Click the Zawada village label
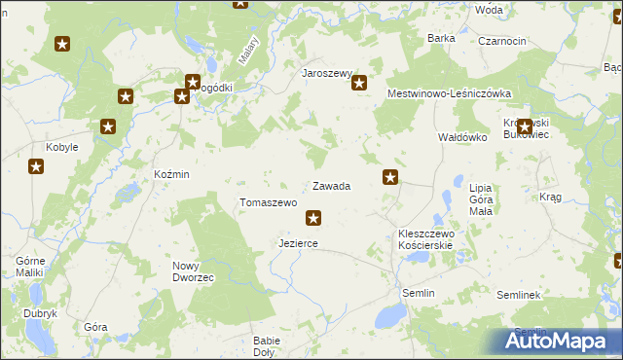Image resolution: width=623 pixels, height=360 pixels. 331,186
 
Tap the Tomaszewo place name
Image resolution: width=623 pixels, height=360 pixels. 268,202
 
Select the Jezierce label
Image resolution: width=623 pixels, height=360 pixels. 298,243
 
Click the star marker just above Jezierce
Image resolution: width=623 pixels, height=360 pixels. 313,218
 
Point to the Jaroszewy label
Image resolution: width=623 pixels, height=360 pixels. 326,73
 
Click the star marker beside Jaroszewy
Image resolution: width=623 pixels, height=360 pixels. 359,84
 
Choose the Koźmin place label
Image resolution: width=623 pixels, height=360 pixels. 171,174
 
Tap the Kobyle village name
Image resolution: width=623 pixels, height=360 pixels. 62,148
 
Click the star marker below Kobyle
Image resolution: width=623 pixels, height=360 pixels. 36,167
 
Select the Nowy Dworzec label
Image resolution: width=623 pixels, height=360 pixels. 193,271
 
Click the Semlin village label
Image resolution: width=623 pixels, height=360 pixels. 418,293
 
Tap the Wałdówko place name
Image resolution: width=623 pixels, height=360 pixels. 461,138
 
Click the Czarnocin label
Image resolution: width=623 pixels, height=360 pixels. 502,42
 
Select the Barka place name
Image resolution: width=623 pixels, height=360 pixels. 442,38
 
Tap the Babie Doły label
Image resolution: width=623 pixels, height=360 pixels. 267,346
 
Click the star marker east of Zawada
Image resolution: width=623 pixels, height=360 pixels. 390,177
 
